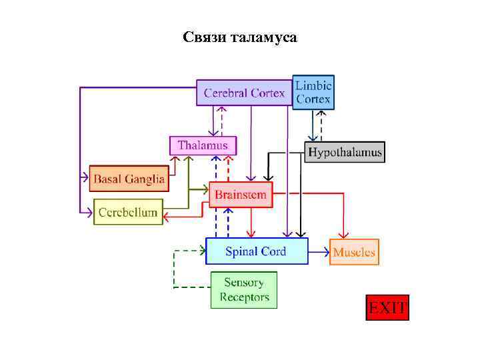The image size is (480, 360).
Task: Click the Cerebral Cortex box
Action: point(244,93)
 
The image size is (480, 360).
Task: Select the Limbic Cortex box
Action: point(313,92)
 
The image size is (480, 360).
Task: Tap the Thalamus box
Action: point(203,145)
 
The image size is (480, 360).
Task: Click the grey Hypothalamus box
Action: point(345,153)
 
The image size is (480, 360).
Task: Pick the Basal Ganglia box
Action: point(128,179)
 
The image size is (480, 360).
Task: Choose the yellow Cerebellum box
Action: point(128,213)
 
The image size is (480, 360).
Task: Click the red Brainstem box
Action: point(241,195)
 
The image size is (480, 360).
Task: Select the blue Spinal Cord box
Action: point(256,251)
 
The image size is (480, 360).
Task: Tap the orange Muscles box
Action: point(354,252)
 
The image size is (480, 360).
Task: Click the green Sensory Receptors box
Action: point(244,290)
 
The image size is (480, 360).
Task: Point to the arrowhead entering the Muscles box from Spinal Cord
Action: point(326,252)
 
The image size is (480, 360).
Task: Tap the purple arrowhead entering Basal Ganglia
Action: point(86,178)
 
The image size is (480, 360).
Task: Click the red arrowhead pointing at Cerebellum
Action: point(166,216)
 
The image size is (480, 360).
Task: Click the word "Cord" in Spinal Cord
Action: point(273,251)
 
